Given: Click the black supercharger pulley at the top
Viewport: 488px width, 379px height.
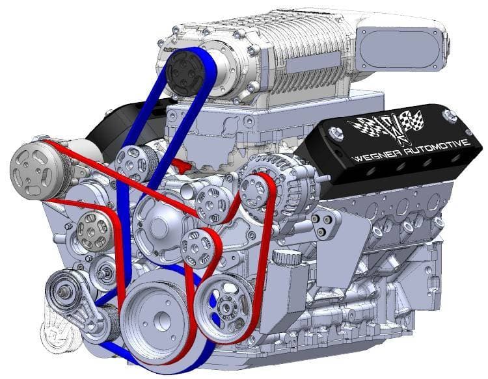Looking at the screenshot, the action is coord(185,73).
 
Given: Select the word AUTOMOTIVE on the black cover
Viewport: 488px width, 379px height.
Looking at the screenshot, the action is coord(437,148).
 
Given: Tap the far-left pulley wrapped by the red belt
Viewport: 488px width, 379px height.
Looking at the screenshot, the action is coord(36,170).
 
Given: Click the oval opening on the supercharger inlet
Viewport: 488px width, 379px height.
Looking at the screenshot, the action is coord(400,49).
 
